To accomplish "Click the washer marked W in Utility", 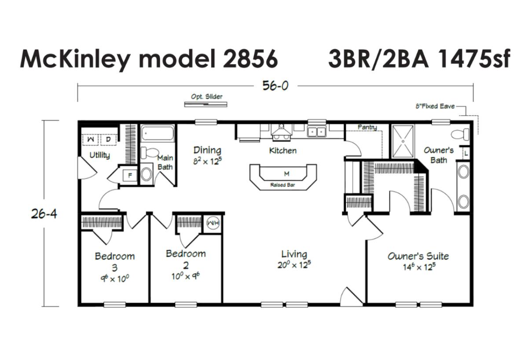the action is point(91,140).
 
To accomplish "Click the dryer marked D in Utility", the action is point(108,140).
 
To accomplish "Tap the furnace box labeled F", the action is point(130,176).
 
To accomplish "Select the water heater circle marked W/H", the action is point(213,223).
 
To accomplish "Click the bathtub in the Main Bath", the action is point(158,134).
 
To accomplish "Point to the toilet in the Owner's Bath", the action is point(460,134).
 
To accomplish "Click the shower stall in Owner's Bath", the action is point(403,141).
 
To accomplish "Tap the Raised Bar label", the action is point(282,185).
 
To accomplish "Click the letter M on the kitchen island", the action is point(286,174).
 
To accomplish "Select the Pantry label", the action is point(367,127).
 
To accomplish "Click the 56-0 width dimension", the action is point(275,85).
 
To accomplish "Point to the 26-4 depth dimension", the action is point(44,214).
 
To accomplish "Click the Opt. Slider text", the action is point(207,97).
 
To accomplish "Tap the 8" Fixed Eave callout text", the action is point(435,107).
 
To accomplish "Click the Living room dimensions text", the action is point(294,265).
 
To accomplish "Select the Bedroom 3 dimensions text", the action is point(115,279).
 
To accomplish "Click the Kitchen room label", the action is point(283,151).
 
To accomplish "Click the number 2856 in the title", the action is point(250,59).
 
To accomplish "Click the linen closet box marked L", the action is point(466,154).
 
